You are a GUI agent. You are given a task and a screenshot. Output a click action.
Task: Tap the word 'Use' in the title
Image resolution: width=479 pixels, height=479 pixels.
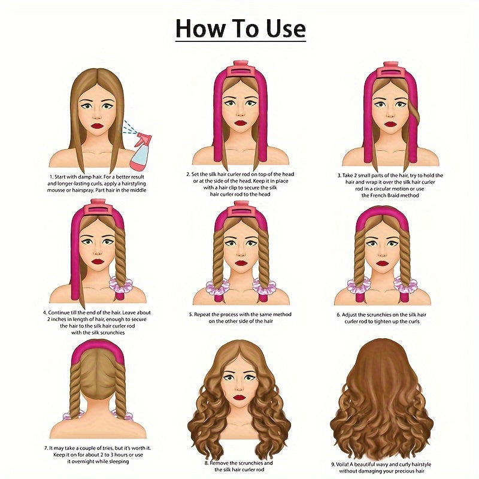282,28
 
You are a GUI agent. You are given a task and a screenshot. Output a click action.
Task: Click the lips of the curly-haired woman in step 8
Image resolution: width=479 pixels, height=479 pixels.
240,397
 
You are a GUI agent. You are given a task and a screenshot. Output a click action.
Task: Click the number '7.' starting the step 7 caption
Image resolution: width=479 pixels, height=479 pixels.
45,447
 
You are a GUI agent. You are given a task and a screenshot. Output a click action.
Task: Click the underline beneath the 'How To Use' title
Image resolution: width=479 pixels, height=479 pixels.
240,41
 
